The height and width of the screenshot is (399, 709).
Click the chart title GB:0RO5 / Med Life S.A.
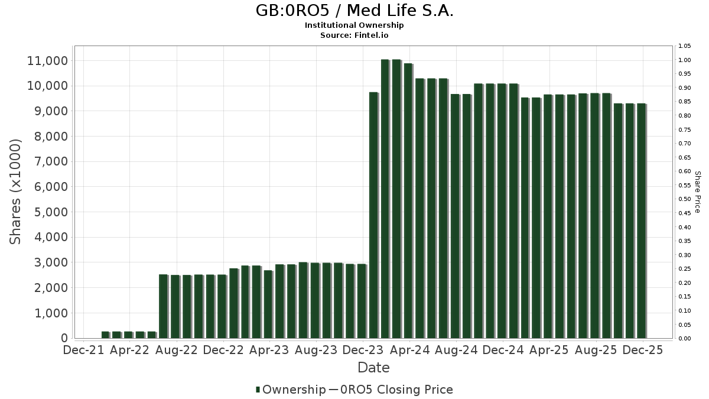(x=354, y=11)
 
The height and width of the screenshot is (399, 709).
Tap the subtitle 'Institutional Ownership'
(x=354, y=25)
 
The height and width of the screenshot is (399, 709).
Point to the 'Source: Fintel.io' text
(x=354, y=35)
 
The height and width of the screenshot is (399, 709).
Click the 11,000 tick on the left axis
(x=47, y=61)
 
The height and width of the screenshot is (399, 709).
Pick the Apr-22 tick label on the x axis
(x=129, y=350)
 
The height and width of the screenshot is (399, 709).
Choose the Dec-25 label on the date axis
(x=642, y=350)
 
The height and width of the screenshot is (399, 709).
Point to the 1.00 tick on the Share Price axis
(x=685, y=60)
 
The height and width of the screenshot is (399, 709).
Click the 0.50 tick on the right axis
(x=685, y=199)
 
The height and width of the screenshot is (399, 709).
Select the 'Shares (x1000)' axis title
(x=16, y=192)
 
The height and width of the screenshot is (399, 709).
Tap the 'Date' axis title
(x=373, y=368)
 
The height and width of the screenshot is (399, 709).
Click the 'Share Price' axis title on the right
(x=697, y=192)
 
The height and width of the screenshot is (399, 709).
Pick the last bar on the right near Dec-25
(x=641, y=221)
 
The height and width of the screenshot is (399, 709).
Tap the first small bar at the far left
(x=105, y=335)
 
